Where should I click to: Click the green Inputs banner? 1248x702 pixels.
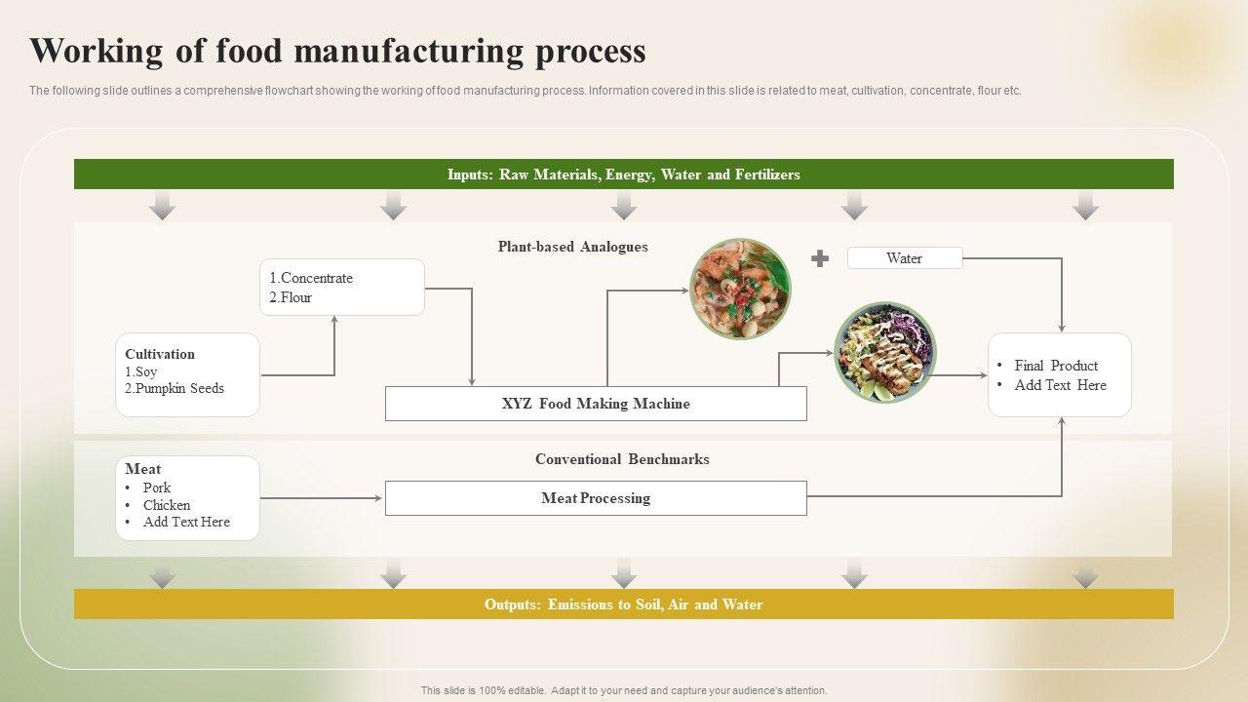click(x=623, y=174)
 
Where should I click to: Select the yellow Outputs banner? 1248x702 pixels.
click(x=623, y=604)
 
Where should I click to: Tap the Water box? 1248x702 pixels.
click(x=905, y=258)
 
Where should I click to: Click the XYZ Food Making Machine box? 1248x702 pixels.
click(x=596, y=404)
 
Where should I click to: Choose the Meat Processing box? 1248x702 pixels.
click(x=596, y=498)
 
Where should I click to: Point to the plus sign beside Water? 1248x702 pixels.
click(x=820, y=258)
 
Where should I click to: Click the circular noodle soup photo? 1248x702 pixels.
click(x=740, y=289)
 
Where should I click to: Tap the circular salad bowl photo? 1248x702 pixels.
click(x=884, y=352)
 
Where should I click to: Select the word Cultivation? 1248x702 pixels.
click(x=160, y=354)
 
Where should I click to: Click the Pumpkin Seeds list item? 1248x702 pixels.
click(x=175, y=388)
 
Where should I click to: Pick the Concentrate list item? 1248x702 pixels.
click(x=311, y=278)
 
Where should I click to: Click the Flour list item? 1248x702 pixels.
click(x=291, y=297)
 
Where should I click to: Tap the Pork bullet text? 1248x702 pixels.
click(x=157, y=487)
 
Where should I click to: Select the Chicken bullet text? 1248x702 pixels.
click(x=167, y=505)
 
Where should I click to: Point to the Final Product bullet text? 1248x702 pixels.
click(x=1056, y=366)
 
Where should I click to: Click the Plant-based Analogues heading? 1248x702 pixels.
click(x=572, y=247)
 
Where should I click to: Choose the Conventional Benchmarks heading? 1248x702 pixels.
click(x=622, y=459)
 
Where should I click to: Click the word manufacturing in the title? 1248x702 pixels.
click(x=409, y=51)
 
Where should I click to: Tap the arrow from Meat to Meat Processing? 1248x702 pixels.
click(x=322, y=498)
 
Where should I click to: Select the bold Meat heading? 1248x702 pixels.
click(x=143, y=469)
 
